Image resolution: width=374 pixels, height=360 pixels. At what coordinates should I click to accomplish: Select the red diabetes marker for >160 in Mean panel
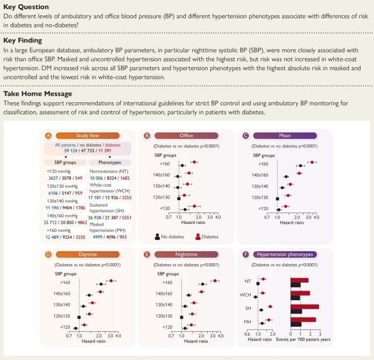tap(312, 161)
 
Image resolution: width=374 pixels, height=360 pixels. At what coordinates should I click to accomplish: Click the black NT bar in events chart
tap(295, 285)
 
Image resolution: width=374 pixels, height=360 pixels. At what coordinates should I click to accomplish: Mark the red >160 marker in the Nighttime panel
tap(215, 280)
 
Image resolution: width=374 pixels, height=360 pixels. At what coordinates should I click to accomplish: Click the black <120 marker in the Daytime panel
tap(76, 328)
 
